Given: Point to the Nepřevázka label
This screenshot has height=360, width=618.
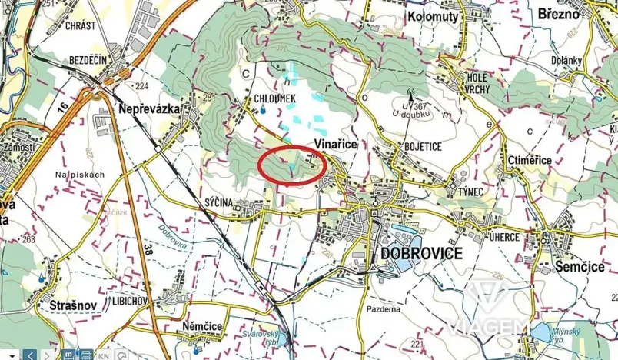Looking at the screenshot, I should coord(149,110).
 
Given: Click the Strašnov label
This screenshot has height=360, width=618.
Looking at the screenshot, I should coord(70,305).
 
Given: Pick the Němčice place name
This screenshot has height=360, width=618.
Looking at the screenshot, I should coord(202,327).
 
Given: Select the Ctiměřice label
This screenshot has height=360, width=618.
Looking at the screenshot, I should coord(530,160).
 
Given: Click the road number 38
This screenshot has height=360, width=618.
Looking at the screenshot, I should coord(148,249).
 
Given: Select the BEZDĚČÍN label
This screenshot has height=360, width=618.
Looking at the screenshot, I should coord(86,60).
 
